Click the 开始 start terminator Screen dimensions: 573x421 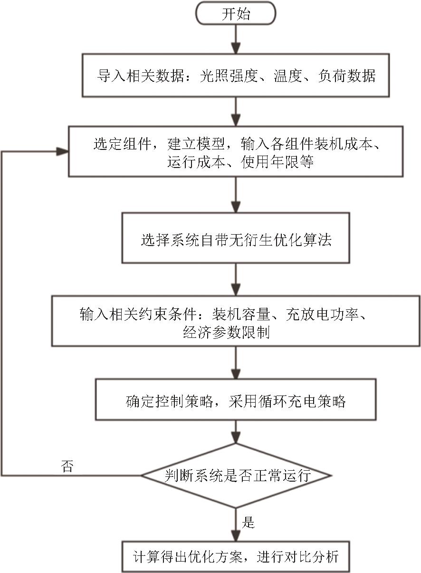(236, 14)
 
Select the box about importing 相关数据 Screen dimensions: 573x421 (236, 76)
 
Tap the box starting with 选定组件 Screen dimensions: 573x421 (236, 152)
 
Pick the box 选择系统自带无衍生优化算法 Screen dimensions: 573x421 (236, 238)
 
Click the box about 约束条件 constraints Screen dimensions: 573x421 (236, 321)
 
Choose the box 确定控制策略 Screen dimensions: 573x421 (236, 400)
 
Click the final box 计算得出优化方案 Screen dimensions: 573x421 (236, 555)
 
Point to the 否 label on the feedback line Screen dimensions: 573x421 (67, 466)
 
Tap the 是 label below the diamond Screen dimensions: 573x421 (249, 523)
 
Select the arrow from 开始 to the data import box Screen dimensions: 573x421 (236, 39)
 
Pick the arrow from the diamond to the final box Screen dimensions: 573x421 (236, 524)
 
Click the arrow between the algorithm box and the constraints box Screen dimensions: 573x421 (236, 280)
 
